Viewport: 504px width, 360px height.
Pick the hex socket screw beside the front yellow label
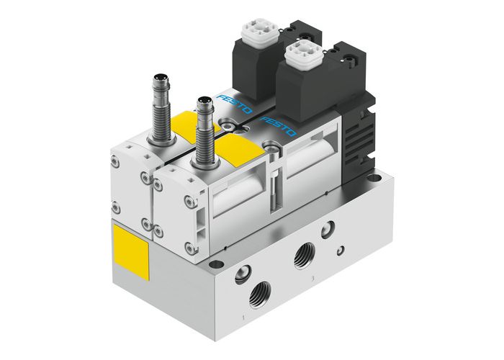[x=271, y=150]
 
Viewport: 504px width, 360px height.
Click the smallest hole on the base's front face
[x=341, y=250]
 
